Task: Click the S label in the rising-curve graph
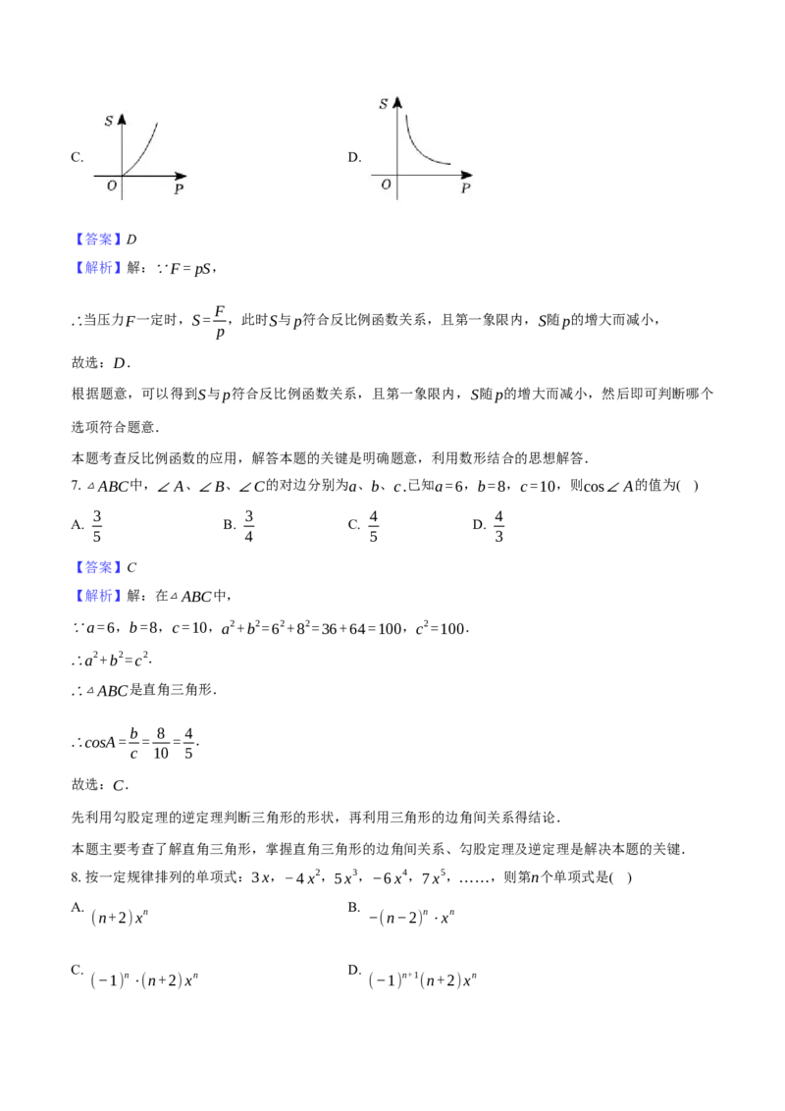[109, 121]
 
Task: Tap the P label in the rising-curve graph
[179, 189]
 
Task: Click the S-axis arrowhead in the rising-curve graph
[122, 118]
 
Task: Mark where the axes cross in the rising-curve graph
[122, 176]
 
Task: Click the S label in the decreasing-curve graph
[384, 103]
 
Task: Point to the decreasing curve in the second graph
[418, 148]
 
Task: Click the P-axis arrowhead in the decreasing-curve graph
[468, 176]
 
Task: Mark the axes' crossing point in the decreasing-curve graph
[397, 176]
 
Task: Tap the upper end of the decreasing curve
[406, 116]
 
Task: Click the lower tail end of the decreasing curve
[450, 163]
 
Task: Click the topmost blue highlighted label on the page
[98, 239]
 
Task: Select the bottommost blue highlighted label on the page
[98, 596]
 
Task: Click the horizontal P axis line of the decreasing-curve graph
[432, 176]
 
